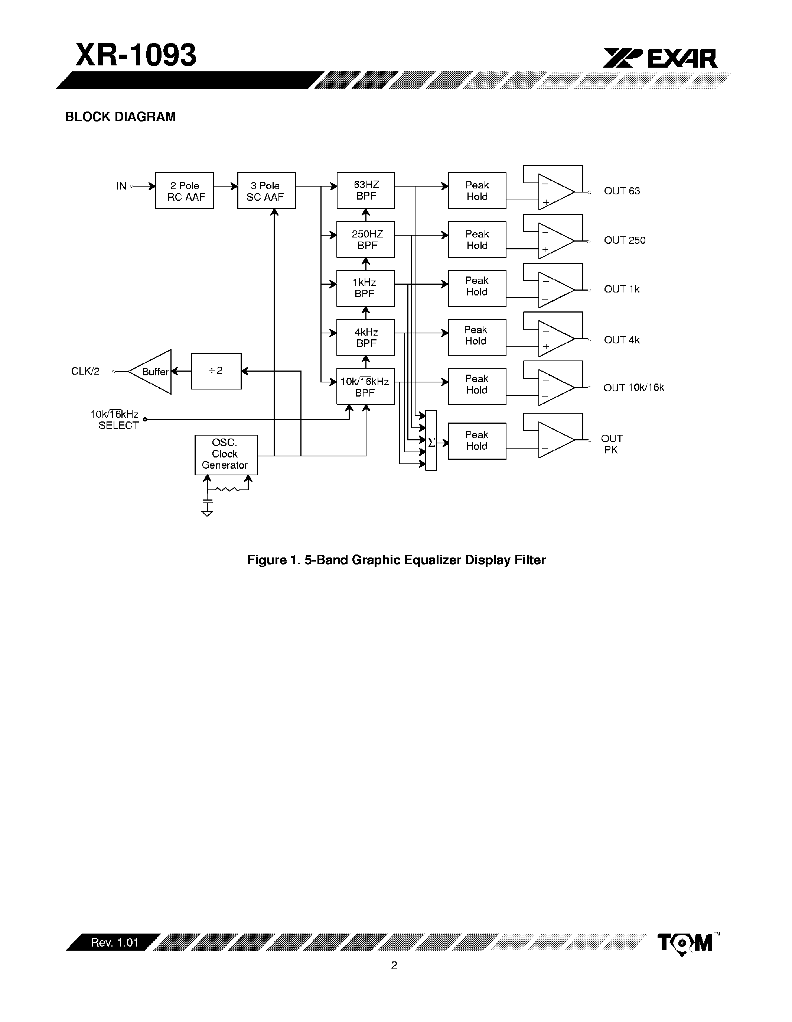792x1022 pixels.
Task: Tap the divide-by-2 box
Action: pos(216,371)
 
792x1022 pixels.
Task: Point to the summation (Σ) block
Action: pos(431,441)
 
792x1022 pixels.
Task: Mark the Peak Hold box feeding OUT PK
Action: pos(477,441)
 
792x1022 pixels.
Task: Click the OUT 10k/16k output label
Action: pos(633,388)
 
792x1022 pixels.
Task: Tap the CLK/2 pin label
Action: pos(85,372)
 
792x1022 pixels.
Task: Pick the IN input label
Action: pos(121,186)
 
